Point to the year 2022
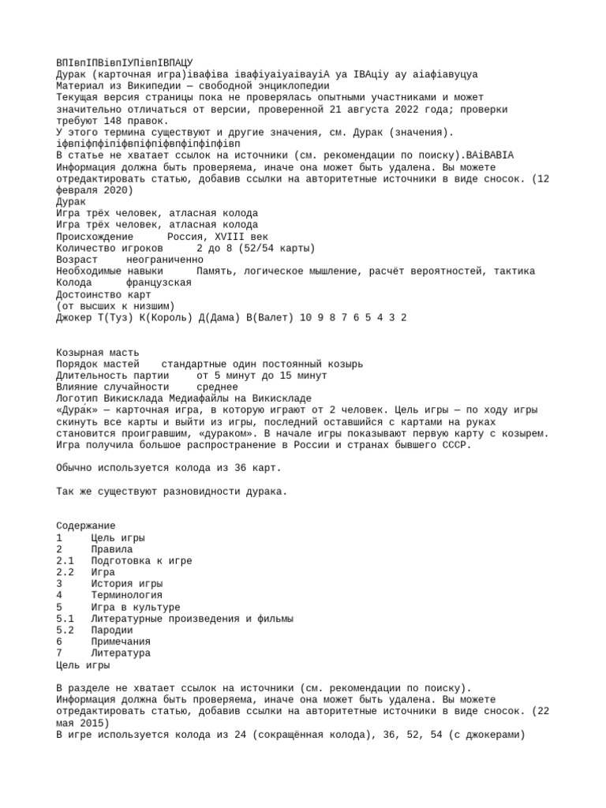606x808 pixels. click(x=437, y=110)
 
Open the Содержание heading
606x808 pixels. click(x=86, y=526)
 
